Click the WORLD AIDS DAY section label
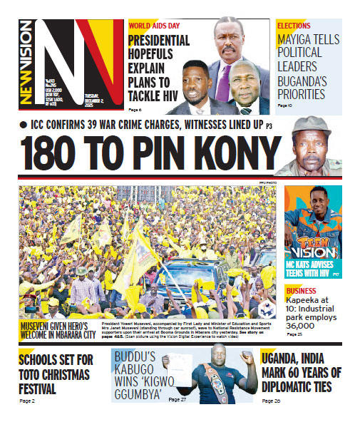point(154,25)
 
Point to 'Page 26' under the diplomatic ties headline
point(271,402)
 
